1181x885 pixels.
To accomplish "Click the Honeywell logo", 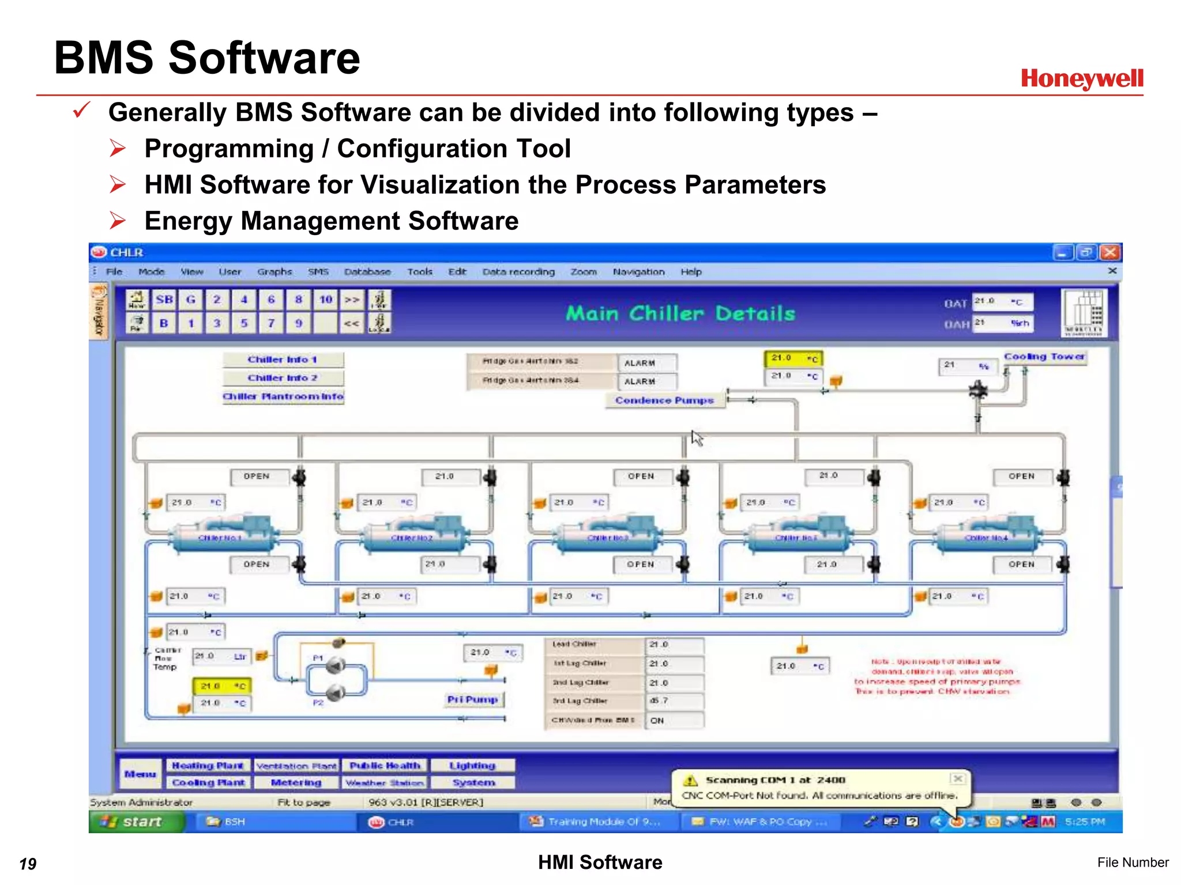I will (x=1082, y=78).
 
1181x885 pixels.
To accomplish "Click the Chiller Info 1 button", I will (x=283, y=360).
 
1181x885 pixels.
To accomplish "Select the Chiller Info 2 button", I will (x=283, y=378).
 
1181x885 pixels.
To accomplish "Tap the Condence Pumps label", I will (x=664, y=400).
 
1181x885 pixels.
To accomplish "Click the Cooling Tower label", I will (x=1044, y=357).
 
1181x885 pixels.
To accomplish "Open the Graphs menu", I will (x=274, y=271).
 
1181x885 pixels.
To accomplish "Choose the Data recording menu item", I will (x=518, y=271).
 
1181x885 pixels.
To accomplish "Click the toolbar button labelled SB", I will (x=164, y=300).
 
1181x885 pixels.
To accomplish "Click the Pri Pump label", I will (x=473, y=699).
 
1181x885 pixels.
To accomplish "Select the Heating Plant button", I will (x=208, y=766).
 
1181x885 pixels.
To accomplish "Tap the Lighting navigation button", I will (x=472, y=766).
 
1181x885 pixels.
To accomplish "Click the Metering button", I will (x=296, y=782).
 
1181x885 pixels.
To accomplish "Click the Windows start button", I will (x=136, y=822).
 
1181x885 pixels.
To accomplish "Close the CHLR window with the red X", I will (x=1109, y=252).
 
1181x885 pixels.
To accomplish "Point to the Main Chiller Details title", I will (x=680, y=313).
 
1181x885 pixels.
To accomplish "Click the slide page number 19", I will (x=28, y=864).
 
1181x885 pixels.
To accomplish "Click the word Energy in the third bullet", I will (x=187, y=221).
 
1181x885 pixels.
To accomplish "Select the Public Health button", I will (x=385, y=766).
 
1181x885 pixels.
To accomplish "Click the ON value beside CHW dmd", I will (x=657, y=720).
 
